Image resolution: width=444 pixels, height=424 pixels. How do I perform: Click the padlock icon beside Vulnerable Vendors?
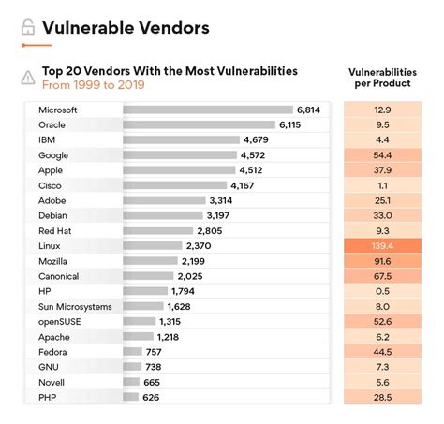pos(28,28)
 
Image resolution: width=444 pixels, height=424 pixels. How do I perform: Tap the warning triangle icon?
pos(27,78)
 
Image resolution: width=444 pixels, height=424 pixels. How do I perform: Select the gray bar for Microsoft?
pos(206,110)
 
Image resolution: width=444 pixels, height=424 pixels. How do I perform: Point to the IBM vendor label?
pos(47,139)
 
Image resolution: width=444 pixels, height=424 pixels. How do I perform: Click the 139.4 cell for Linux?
pos(381,245)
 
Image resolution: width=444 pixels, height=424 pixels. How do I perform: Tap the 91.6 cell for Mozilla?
pos(381,260)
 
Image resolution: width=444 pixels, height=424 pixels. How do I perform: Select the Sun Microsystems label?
pos(75,306)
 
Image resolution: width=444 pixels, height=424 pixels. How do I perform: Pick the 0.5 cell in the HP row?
pos(381,291)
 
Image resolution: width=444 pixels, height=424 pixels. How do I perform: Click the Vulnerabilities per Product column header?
pos(381,77)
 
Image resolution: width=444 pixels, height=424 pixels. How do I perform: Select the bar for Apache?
pos(139,336)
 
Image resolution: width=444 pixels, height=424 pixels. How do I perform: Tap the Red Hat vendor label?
pos(55,230)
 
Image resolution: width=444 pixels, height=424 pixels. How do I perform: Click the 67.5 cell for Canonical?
pos(381,276)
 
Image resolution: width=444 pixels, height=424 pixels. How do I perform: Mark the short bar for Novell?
pos(131,382)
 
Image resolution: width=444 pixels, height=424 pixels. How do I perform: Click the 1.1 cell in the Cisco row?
pos(381,185)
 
